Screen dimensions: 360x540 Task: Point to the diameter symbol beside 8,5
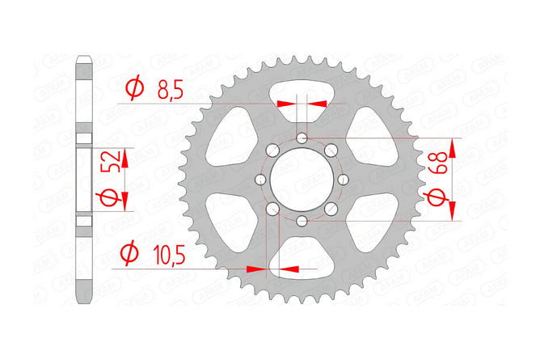tap(135, 87)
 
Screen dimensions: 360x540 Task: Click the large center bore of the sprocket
tap(300, 179)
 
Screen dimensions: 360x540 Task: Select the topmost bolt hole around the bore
tap(301, 138)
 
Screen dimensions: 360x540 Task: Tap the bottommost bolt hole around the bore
tap(301, 220)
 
